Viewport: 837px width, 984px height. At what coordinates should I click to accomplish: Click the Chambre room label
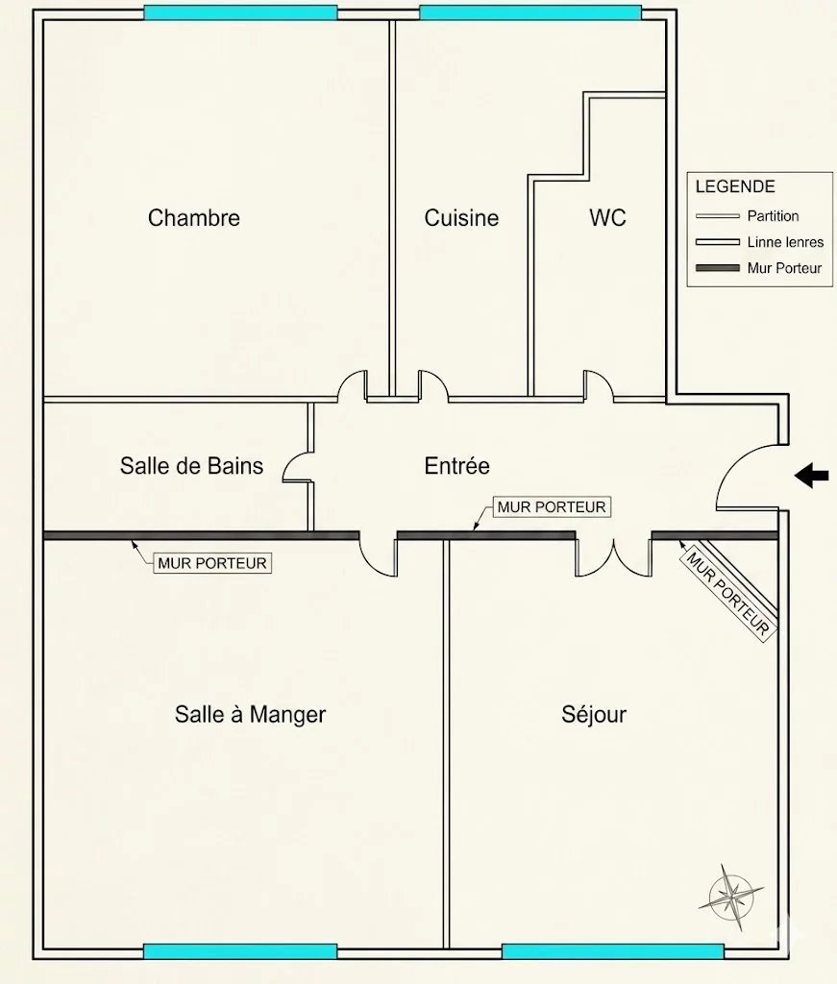(194, 218)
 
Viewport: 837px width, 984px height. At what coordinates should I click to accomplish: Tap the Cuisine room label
(462, 218)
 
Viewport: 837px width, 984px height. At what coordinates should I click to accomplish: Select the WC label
(607, 218)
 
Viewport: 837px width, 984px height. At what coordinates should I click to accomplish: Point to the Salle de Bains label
(191, 466)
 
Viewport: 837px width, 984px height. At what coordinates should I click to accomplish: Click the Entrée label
(456, 466)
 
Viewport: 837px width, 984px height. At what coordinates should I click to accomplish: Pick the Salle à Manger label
(251, 714)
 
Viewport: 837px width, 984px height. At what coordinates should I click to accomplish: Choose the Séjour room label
(594, 714)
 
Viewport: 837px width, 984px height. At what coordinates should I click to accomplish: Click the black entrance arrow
(811, 476)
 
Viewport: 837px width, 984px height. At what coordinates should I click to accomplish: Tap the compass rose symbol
(730, 898)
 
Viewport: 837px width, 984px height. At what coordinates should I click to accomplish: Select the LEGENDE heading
(735, 186)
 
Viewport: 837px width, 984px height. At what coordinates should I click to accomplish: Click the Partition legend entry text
(773, 216)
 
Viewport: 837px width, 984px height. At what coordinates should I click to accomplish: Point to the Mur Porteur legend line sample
(718, 268)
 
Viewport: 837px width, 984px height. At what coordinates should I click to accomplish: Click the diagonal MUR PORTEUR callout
(727, 594)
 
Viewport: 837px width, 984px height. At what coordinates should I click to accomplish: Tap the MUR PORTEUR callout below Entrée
(552, 506)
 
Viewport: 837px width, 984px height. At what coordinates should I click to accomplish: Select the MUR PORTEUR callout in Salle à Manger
(212, 563)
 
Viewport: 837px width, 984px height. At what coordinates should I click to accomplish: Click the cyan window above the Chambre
(240, 12)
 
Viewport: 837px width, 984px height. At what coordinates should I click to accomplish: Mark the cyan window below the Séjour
(613, 951)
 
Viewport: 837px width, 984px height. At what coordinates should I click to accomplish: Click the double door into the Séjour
(614, 556)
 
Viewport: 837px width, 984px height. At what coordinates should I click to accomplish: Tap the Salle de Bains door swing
(297, 467)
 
